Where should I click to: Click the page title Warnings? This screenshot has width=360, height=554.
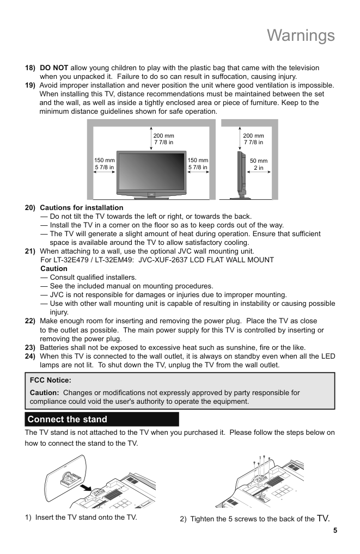coord(301,35)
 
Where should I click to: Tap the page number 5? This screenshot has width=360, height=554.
coord(335,530)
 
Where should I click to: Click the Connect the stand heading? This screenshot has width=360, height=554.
coord(68,419)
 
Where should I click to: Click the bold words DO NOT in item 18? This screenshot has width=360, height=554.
coord(54,68)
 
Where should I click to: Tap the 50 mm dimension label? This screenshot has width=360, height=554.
coord(259,161)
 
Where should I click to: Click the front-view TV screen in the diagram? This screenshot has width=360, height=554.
coord(151,171)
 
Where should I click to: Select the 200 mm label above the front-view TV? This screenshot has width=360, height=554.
coord(163,136)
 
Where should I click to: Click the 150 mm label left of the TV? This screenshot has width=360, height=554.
coord(105,161)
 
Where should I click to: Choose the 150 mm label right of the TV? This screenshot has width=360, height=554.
coord(198,161)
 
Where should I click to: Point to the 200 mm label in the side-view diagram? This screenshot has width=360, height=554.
coord(253,136)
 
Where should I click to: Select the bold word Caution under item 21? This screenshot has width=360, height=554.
coord(54,269)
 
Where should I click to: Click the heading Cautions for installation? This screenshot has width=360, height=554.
coord(82,208)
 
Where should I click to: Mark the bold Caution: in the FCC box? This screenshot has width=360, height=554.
coord(44,392)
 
